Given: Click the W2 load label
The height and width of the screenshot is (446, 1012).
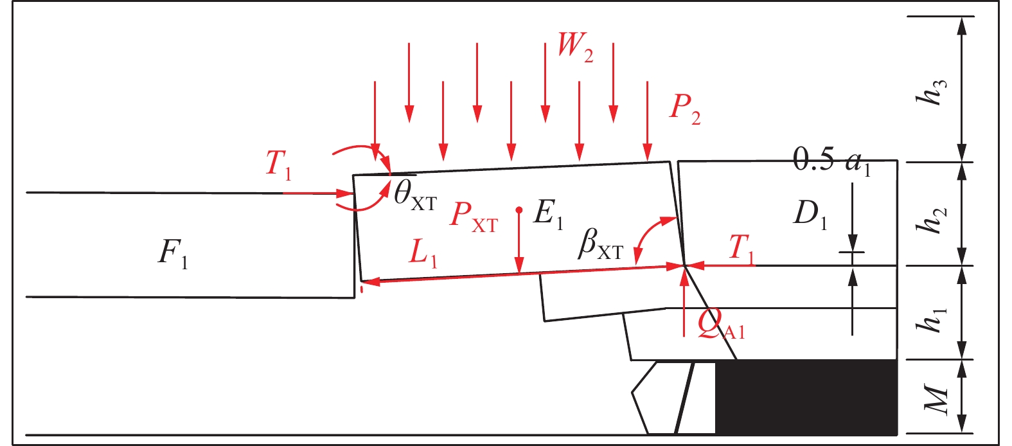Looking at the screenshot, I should pos(575,47).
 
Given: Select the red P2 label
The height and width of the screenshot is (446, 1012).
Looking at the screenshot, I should pos(685,109).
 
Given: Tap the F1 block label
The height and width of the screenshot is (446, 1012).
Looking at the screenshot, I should pos(173,253).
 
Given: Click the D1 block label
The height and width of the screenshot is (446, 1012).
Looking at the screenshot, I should pos(810,214).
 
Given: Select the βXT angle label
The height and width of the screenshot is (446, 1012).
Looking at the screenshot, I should pos(600,244).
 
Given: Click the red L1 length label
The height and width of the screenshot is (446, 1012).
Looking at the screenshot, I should pos(423,253).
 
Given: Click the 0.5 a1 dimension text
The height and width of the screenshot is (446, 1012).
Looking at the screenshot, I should pos(832,160).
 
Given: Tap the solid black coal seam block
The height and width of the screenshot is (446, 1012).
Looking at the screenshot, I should pos(806,397).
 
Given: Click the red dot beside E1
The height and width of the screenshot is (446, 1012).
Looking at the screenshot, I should pos(519,210).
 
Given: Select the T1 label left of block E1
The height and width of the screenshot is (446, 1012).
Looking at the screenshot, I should pos(278,164).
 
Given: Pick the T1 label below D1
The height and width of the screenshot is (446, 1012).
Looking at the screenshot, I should pos(742,248).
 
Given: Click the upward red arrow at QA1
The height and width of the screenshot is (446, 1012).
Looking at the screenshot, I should pos(684,302).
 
